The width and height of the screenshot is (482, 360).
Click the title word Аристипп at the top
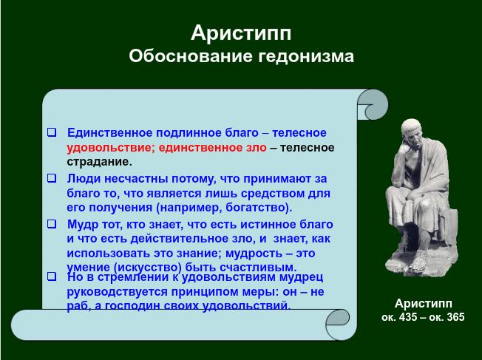click(241, 33)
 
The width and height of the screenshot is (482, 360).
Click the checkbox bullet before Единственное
click(52, 132)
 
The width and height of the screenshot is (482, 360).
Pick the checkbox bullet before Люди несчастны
click(52, 178)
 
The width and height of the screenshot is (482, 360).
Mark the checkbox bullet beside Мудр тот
click(52, 224)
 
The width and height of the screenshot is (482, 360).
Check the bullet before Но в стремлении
click(52, 276)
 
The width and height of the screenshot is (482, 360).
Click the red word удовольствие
click(109, 148)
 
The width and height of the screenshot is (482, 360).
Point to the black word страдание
click(99, 162)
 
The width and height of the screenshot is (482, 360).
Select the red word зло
click(257, 148)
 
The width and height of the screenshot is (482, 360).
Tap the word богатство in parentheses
click(257, 208)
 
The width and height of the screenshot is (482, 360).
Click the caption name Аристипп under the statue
click(424, 304)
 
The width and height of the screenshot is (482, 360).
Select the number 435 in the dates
click(409, 317)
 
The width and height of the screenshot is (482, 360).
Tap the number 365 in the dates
click(455, 317)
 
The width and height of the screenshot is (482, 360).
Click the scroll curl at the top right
click(373, 104)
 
